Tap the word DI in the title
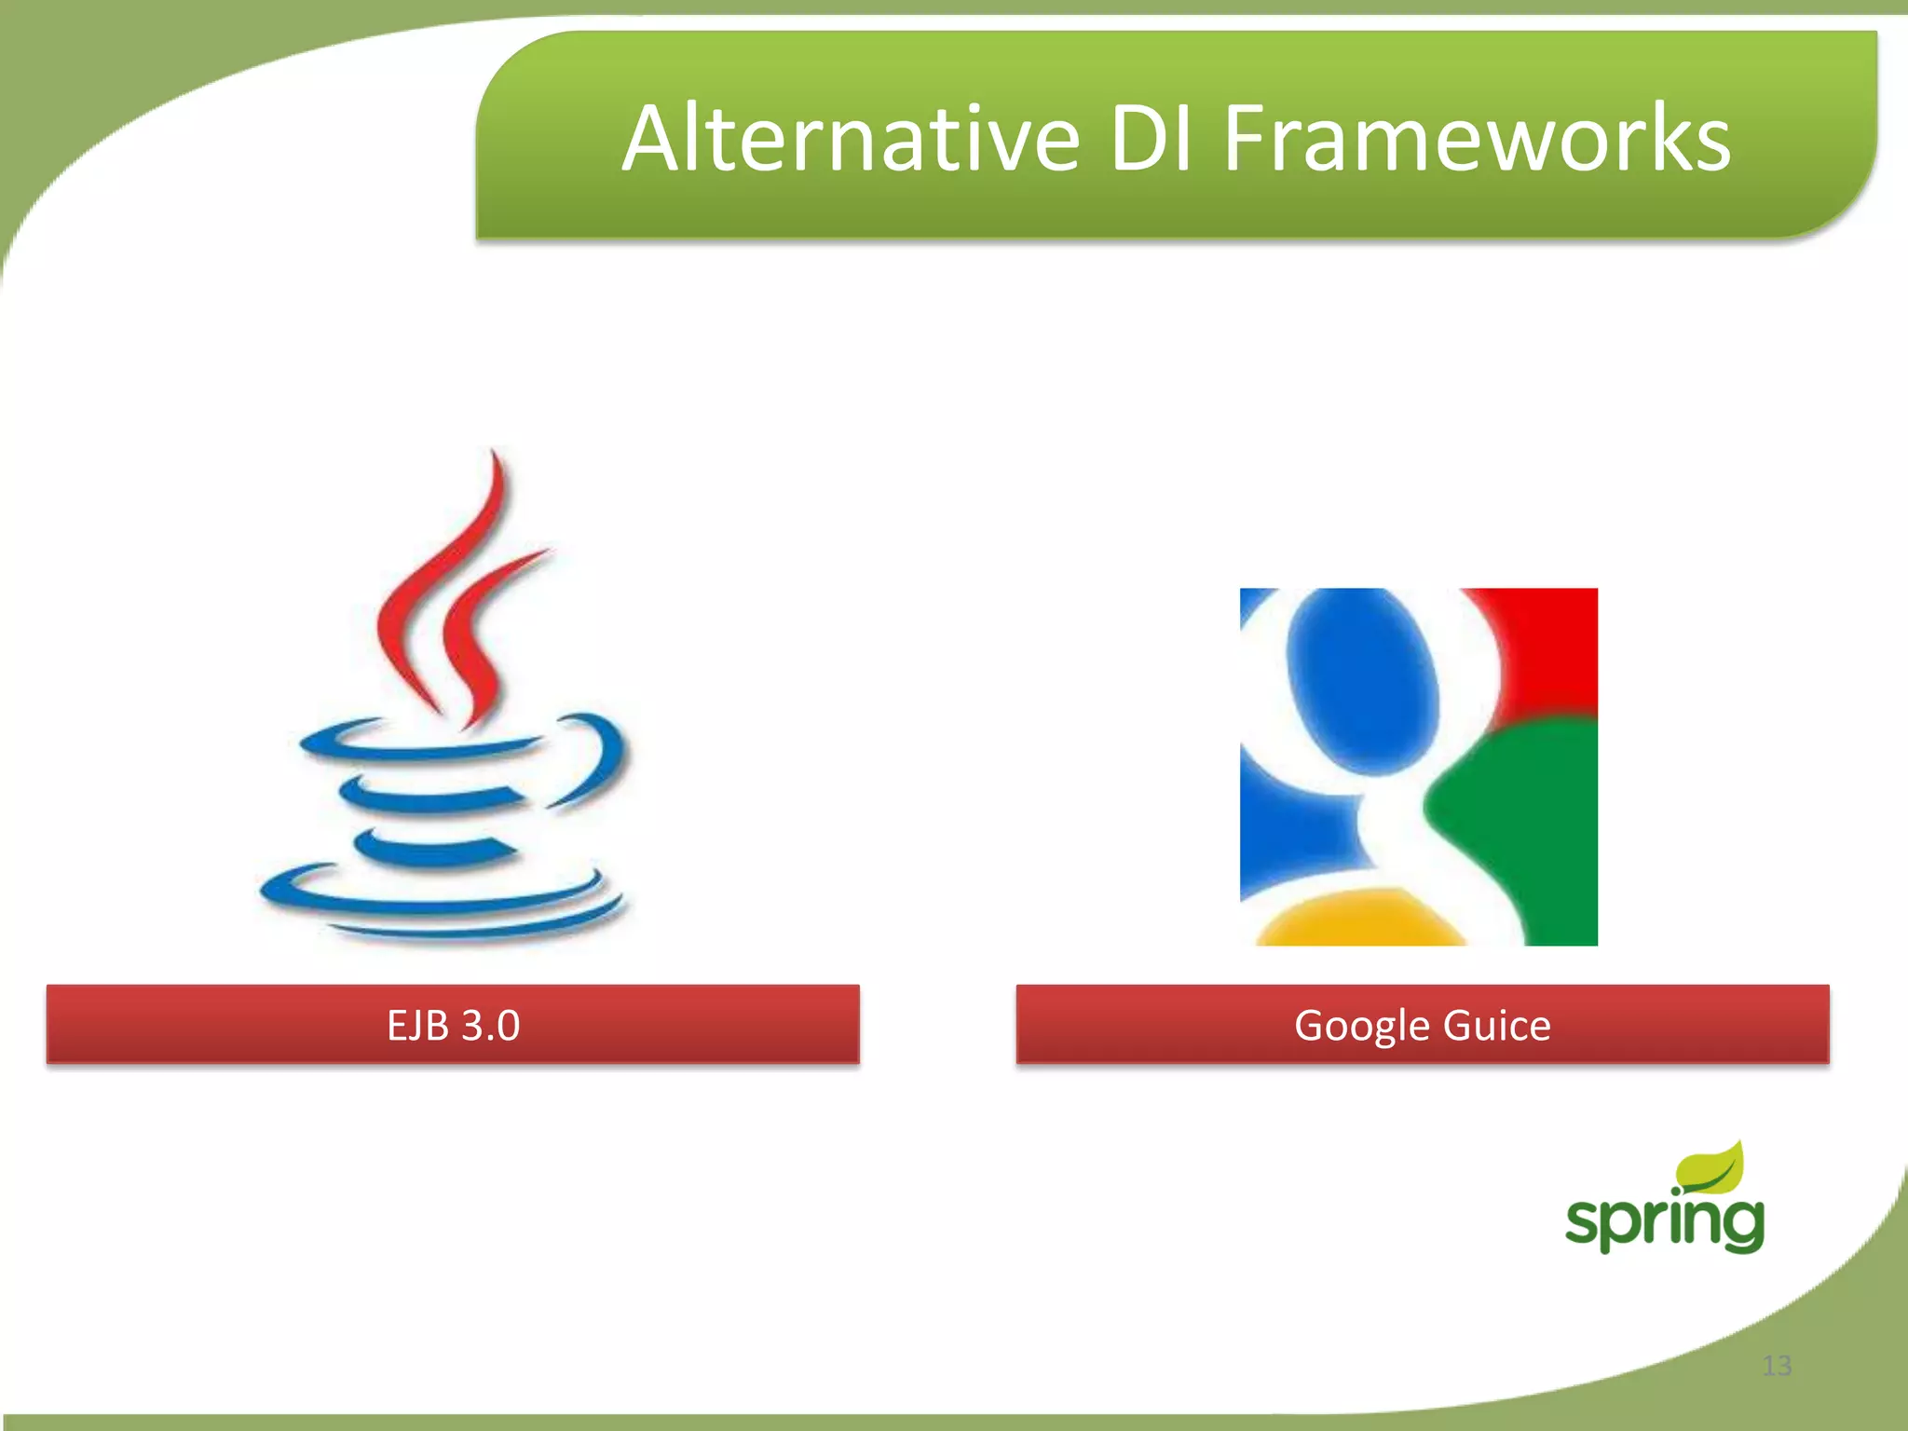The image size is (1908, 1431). (1151, 140)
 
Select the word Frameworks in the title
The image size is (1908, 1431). (1477, 140)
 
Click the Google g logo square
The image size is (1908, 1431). (1418, 766)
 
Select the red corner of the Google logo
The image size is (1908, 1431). (1556, 643)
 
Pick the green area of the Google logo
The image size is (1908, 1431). (1528, 820)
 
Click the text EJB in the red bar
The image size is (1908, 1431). (416, 1025)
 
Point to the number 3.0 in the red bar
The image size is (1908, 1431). (490, 1025)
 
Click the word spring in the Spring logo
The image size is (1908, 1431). (1664, 1220)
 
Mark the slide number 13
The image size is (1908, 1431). (1777, 1366)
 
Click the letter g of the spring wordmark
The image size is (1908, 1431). (1738, 1225)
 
